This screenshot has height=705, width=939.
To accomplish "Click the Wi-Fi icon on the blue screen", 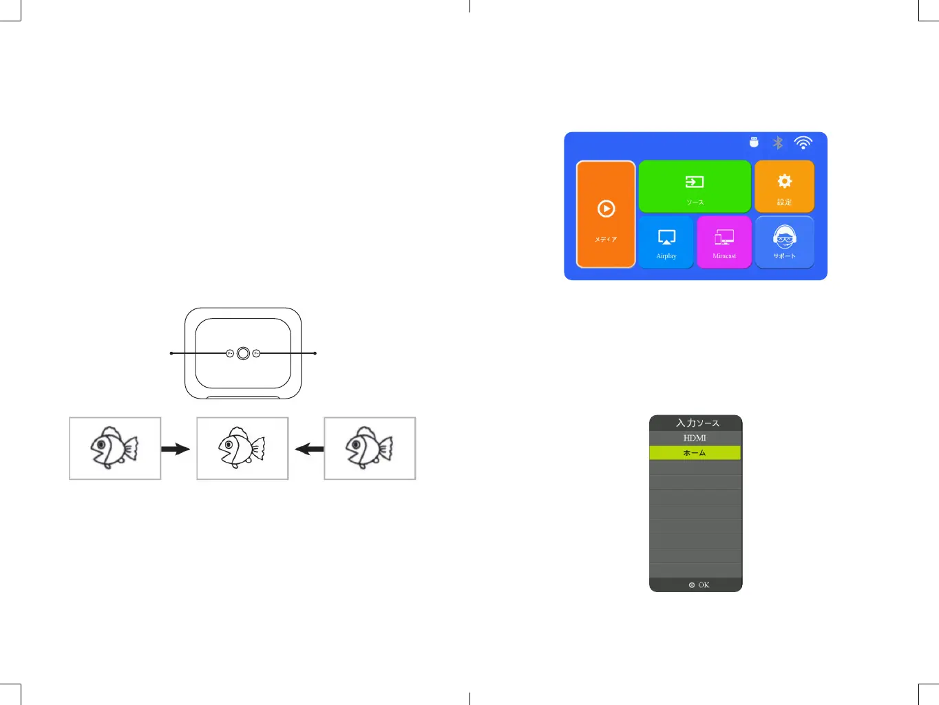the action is click(x=803, y=143).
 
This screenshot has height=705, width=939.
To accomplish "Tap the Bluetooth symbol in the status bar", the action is click(x=778, y=143).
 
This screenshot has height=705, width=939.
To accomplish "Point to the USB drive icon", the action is click(x=754, y=142).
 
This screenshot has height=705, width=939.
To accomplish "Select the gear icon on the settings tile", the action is click(x=784, y=181).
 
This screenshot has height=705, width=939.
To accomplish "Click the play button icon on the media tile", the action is click(x=606, y=209).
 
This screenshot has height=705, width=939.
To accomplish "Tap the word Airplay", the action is click(x=666, y=256).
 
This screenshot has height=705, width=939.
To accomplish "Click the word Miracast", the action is click(x=724, y=256).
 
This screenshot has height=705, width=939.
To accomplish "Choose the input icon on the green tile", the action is click(x=695, y=182).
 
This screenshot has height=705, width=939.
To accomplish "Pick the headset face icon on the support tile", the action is click(x=784, y=238).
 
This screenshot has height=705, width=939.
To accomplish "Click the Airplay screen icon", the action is click(x=666, y=238).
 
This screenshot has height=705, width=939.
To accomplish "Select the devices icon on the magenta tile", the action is click(x=724, y=238).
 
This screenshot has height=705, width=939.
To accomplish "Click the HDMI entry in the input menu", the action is click(x=695, y=438).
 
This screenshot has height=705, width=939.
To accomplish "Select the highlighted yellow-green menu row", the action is click(x=695, y=453).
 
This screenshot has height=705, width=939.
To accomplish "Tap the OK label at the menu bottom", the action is click(x=703, y=585).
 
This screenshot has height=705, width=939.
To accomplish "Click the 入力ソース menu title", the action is click(x=697, y=423).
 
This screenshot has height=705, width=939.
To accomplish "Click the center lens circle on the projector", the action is click(x=243, y=353).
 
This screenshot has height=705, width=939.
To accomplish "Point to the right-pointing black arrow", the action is click(x=176, y=450).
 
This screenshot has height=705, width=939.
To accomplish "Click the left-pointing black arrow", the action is click(x=309, y=450).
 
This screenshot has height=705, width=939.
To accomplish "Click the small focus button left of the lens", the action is click(x=230, y=353).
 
